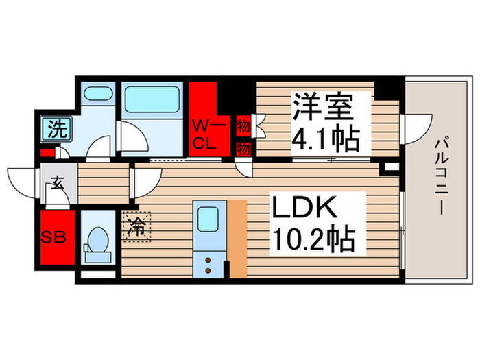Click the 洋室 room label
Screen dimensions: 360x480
pos(324,108)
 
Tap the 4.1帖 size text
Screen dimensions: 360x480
pos(325,140)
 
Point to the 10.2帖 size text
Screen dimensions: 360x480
pos(314,239)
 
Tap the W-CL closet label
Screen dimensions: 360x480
pos(204,134)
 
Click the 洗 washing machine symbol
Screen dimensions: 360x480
pos(53,128)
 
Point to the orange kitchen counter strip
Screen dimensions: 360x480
pos(237,238)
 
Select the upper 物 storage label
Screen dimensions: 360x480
pos(242,125)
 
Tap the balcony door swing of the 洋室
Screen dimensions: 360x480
pos(417,129)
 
